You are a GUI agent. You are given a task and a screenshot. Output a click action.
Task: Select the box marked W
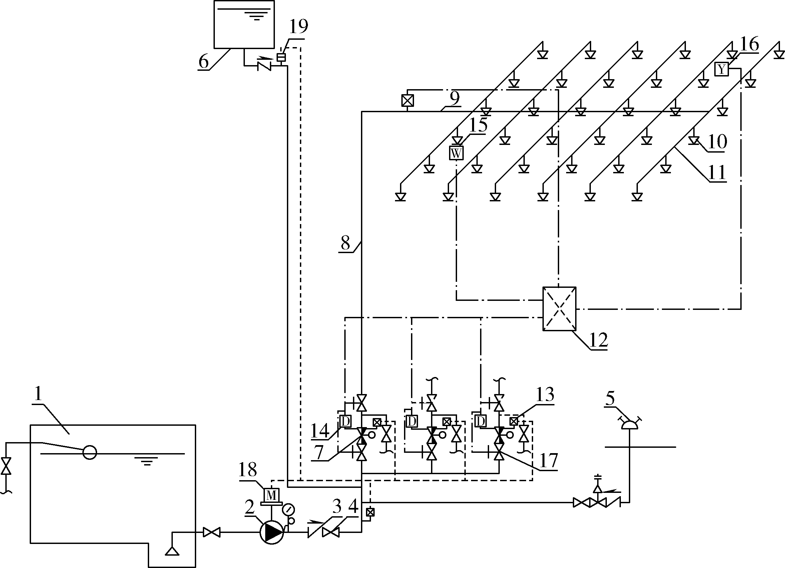[x=456, y=153]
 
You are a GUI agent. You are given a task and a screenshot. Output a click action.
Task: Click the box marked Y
[x=722, y=69]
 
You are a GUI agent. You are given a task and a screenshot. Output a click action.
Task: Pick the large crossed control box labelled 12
[x=559, y=309]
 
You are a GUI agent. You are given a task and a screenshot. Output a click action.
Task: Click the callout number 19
[x=298, y=27]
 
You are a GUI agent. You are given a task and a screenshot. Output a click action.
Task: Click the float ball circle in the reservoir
[x=90, y=452]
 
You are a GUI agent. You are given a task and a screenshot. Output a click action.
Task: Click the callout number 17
[x=548, y=460]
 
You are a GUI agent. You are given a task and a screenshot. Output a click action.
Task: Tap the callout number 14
[x=320, y=431]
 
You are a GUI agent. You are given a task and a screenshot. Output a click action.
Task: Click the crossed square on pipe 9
[x=407, y=101]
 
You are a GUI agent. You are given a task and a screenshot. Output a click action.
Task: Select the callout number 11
[x=717, y=172]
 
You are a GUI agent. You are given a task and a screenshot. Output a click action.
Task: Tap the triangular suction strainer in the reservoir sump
[x=172, y=551]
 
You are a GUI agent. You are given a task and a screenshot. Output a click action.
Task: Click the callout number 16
[x=749, y=44]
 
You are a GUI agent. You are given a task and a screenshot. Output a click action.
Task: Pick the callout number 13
[x=545, y=394]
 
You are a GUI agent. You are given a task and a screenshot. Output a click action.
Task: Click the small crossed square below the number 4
[x=370, y=512]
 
